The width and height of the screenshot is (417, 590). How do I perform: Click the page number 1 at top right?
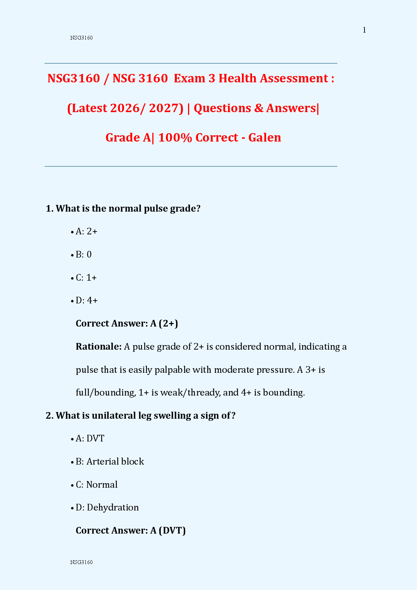coord(364,30)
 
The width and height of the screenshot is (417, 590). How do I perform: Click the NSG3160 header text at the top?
coord(81,38)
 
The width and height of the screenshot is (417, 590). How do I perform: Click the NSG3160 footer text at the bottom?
coord(81,562)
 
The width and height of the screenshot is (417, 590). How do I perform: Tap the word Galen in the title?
coord(264,138)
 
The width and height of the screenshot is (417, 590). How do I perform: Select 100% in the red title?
coord(175,138)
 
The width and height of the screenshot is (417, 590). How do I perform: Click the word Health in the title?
coord(237,78)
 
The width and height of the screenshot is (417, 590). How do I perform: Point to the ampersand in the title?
coord(259,108)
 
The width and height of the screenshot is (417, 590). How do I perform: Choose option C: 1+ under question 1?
coord(86,278)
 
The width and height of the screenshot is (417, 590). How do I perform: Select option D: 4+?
coord(86,301)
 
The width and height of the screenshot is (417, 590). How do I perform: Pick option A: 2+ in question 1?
coord(86,232)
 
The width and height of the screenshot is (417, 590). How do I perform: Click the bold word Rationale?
coord(98,347)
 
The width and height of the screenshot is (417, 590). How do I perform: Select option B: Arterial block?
coord(110,462)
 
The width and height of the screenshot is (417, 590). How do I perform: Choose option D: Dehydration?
coord(107,508)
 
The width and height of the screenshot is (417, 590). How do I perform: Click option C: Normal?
coord(97,485)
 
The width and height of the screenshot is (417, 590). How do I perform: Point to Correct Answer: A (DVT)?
coord(131,531)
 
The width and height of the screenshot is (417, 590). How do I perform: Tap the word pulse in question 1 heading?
coord(156,209)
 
